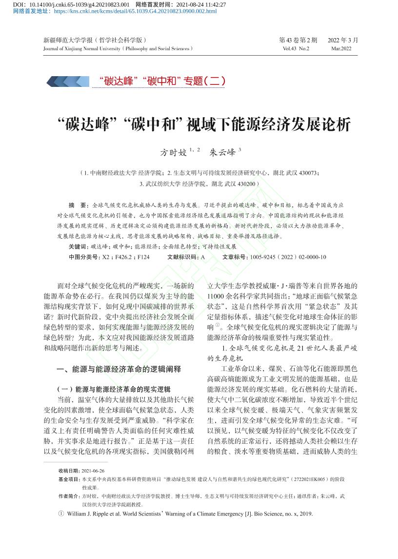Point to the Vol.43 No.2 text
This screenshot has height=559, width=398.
click(x=296, y=48)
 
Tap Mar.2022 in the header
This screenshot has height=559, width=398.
click(x=341, y=48)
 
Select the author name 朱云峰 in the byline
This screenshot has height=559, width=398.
click(x=222, y=152)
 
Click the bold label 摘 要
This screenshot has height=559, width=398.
click(x=78, y=205)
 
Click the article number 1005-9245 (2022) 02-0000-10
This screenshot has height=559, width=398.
click(x=288, y=257)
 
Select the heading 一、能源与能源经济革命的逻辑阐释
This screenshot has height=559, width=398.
click(x=119, y=369)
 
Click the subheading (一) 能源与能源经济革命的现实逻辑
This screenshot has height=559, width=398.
click(x=114, y=389)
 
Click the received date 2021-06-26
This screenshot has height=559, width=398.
click(x=93, y=471)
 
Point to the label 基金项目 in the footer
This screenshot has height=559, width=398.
click(x=68, y=479)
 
